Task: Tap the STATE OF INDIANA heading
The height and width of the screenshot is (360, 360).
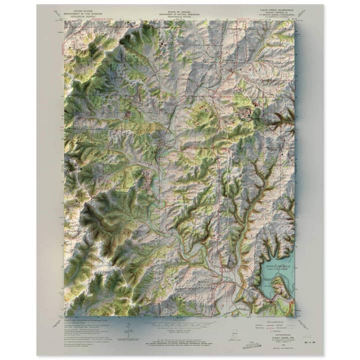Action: pyautogui.click(x=179, y=9)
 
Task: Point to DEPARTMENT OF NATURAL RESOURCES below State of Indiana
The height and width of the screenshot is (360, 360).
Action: pyautogui.click(x=179, y=12)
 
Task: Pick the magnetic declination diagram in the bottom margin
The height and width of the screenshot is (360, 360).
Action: pyautogui.click(x=128, y=330)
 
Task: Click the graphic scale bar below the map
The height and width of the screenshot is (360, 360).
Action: pyautogui.click(x=179, y=323)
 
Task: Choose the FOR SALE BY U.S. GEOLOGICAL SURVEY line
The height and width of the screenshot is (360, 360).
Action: pyautogui.click(x=179, y=340)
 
